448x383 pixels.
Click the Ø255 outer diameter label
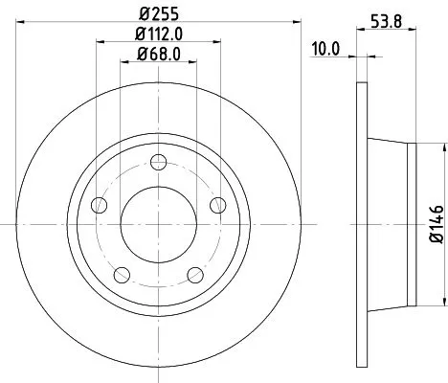pos(158,14)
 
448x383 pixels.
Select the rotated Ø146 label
pos(435,223)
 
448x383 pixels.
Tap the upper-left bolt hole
pos(99,204)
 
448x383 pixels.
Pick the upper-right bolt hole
pos(216,204)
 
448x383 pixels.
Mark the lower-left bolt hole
pos(122,274)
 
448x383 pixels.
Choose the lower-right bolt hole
pos(194,274)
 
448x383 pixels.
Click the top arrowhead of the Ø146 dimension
pos(442,146)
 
